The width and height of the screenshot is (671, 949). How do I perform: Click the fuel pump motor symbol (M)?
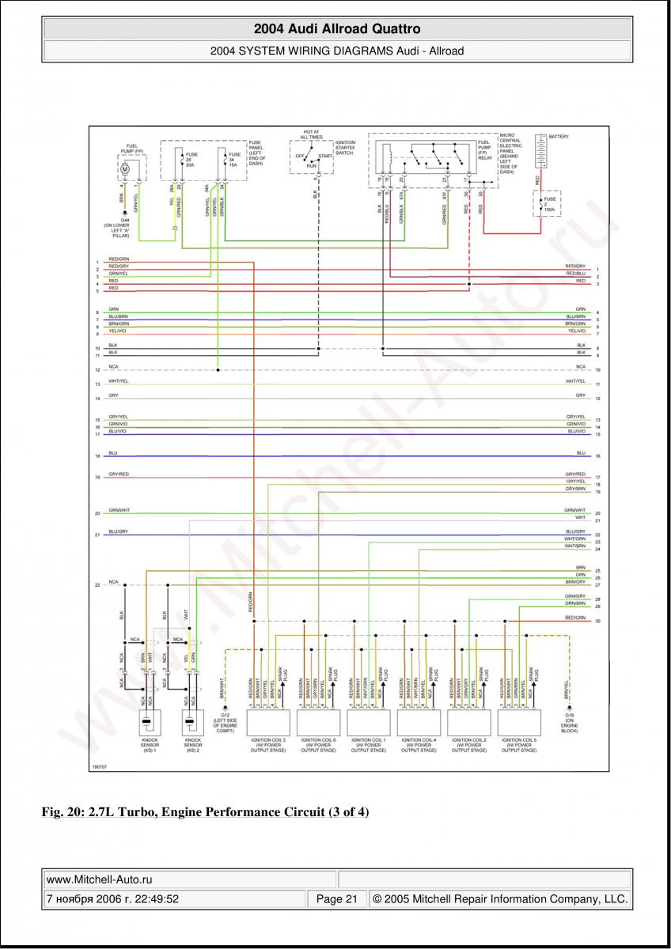124,169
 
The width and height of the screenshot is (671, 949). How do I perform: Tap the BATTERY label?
559,137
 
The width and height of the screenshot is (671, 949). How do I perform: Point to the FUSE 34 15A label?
235,159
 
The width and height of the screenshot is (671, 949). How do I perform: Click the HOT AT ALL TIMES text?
311,134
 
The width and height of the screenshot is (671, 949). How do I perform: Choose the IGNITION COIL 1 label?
369,745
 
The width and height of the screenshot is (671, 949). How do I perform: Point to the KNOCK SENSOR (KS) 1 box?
146,723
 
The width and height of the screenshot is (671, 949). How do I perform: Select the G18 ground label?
569,723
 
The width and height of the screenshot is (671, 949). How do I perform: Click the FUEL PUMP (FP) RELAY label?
483,149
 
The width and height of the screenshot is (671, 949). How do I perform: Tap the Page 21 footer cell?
337,899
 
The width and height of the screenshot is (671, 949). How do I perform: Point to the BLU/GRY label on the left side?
118,531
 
